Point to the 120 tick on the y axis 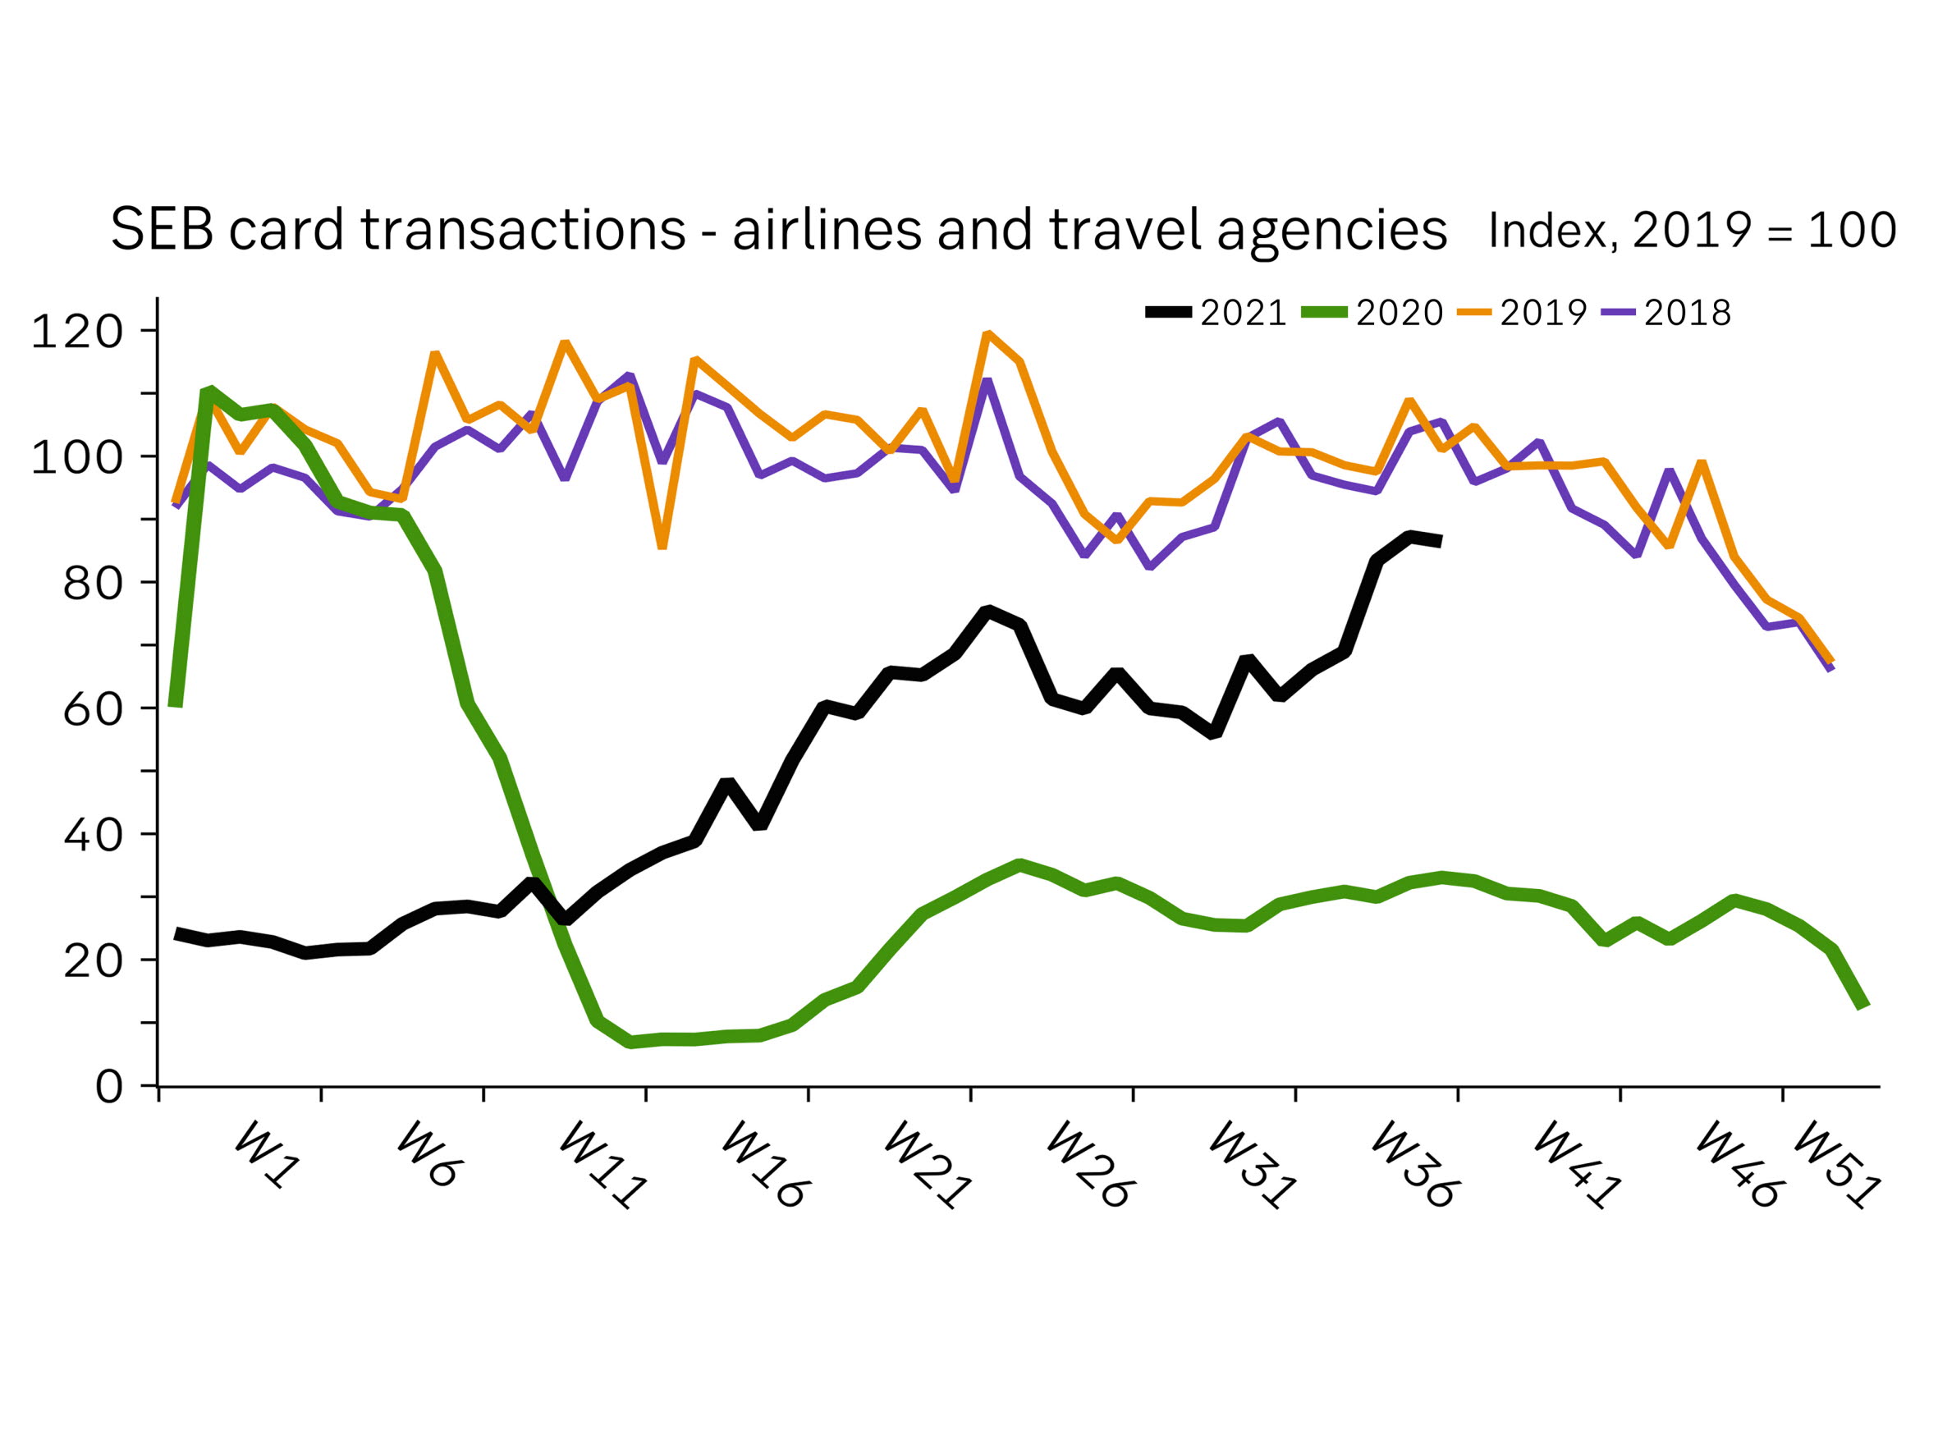[77, 332]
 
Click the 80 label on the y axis [93, 583]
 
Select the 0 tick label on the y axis [109, 1087]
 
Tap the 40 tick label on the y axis [93, 835]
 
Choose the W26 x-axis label [1091, 1166]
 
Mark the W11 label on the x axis [603, 1166]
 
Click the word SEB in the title [162, 230]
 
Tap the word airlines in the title [827, 230]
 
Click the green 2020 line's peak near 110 [209, 390]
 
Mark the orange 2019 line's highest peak [988, 334]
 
